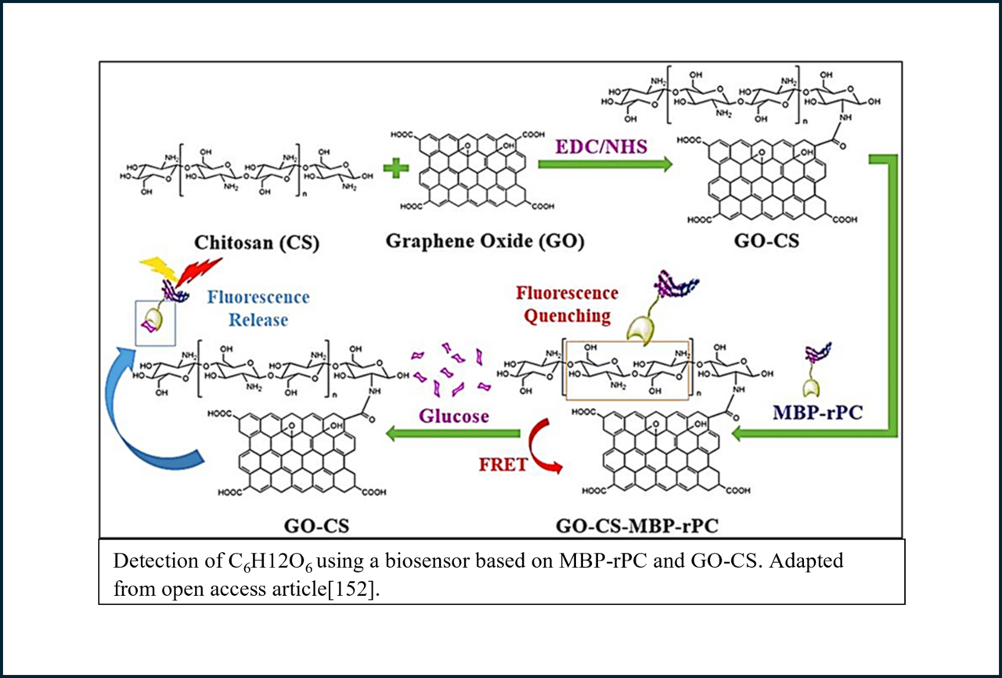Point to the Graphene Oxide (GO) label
coord(485,241)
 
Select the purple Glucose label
coord(455,416)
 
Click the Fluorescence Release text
coord(258,308)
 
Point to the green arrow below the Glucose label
coord(454,433)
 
